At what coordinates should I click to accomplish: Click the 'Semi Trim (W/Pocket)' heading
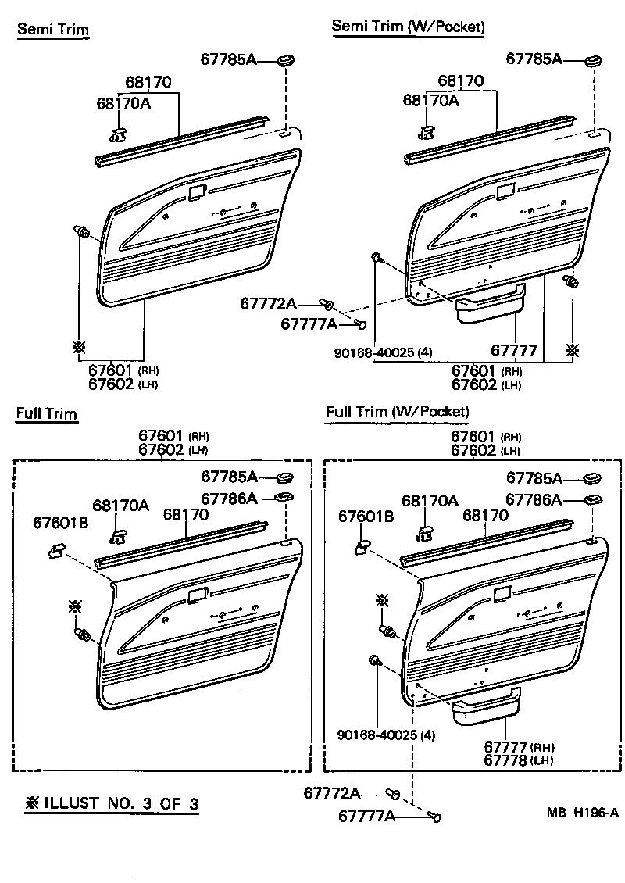[x=408, y=26]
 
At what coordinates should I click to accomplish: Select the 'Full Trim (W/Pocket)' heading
[x=398, y=412]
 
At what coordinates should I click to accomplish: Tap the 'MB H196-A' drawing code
[x=582, y=813]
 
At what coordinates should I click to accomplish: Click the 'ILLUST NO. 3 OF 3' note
[x=112, y=803]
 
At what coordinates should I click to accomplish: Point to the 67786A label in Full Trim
[x=229, y=499]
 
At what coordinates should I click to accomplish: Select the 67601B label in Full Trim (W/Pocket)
[x=366, y=517]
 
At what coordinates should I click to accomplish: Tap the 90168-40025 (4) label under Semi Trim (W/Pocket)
[x=383, y=352]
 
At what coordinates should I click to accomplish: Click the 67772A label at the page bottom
[x=332, y=793]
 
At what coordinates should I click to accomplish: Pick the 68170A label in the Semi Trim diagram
[x=124, y=103]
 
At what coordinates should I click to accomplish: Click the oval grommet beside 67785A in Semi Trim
[x=287, y=59]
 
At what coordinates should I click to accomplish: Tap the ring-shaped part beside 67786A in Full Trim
[x=284, y=497]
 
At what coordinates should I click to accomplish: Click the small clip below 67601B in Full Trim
[x=56, y=549]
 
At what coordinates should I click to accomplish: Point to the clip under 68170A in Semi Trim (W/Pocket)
[x=427, y=132]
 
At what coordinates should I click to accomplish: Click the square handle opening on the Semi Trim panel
[x=198, y=192]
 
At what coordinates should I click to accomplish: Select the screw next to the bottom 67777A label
[x=434, y=816]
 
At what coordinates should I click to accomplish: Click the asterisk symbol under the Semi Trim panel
[x=80, y=347]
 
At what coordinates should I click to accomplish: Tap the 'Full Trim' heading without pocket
[x=46, y=414]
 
